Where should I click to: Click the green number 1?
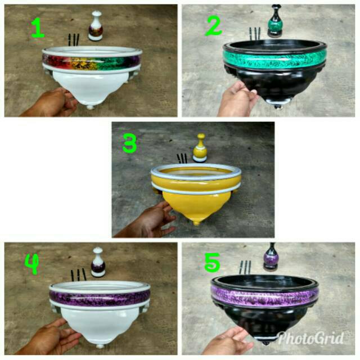point(38,28)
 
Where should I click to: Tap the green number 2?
point(214,26)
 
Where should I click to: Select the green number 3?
point(130,143)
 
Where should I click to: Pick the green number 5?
point(212,263)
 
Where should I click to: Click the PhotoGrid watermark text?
point(311,337)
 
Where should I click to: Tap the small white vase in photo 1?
point(96,26)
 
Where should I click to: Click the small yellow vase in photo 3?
point(200,148)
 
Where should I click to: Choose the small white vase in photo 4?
point(98,262)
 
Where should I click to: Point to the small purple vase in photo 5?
point(271,256)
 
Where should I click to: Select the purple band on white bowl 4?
point(100,299)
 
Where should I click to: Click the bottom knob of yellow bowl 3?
point(196,223)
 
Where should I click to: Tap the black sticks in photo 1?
point(74,40)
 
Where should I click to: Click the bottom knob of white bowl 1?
point(90,107)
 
